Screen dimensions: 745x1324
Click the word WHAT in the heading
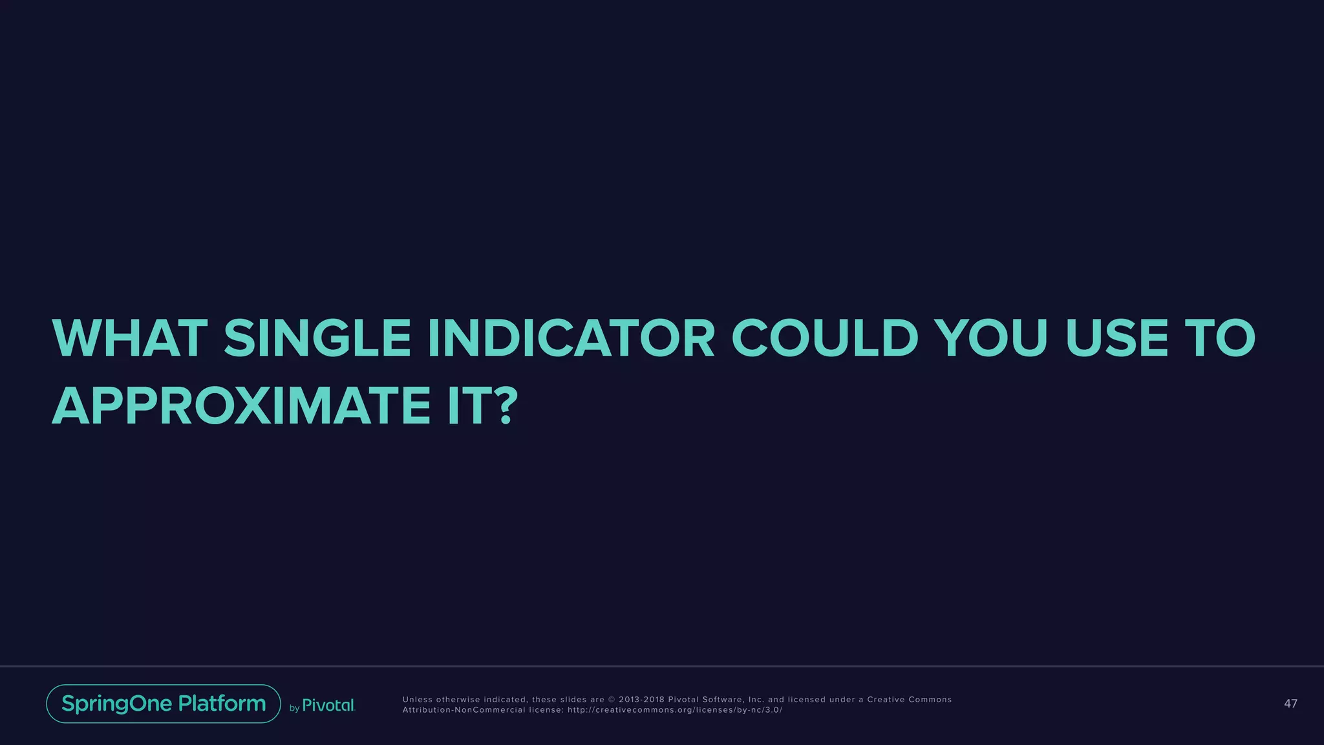tap(129, 338)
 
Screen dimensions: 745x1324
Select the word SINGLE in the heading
tap(317, 338)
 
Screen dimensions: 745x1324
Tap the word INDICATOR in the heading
tap(571, 338)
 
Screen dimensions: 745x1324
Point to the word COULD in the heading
tap(824, 338)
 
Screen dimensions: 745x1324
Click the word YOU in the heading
tap(992, 338)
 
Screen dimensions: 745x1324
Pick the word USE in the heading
tap(1116, 338)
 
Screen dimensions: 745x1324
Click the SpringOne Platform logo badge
tap(164, 704)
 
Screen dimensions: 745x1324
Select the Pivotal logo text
tap(328, 706)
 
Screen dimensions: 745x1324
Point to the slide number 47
tap(1290, 704)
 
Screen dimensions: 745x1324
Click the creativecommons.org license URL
tap(675, 710)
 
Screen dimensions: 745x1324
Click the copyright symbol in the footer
tap(612, 700)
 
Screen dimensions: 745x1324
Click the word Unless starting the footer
tap(418, 700)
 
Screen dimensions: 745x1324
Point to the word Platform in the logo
tap(222, 704)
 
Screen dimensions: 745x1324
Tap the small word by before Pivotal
tap(294, 708)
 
